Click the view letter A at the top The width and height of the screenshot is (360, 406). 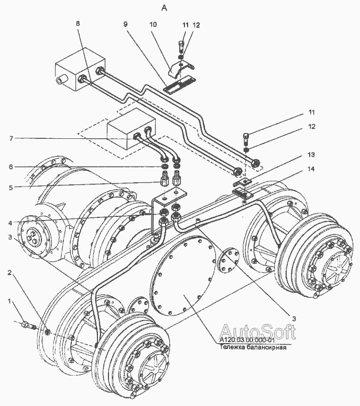pyautogui.click(x=164, y=8)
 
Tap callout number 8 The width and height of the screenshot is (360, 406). pyautogui.click(x=78, y=24)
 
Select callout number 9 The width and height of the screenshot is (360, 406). pyautogui.click(x=125, y=24)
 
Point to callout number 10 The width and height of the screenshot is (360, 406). pyautogui.click(x=153, y=24)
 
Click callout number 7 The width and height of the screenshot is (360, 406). pyautogui.click(x=11, y=138)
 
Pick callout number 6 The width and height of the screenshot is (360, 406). pyautogui.click(x=10, y=167)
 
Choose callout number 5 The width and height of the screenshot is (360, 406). pyautogui.click(x=10, y=187)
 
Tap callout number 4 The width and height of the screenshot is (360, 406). pyautogui.click(x=10, y=223)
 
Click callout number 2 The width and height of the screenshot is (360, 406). pyautogui.click(x=9, y=272)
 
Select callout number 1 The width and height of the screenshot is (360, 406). pyautogui.click(x=9, y=301)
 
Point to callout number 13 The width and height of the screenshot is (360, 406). pyautogui.click(x=311, y=155)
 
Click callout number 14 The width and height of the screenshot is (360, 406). pyautogui.click(x=311, y=169)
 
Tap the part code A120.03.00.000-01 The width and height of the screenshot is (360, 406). pyautogui.click(x=247, y=340)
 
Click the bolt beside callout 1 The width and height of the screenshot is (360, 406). pyautogui.click(x=29, y=325)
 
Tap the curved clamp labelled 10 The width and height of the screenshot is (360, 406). pyautogui.click(x=181, y=68)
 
